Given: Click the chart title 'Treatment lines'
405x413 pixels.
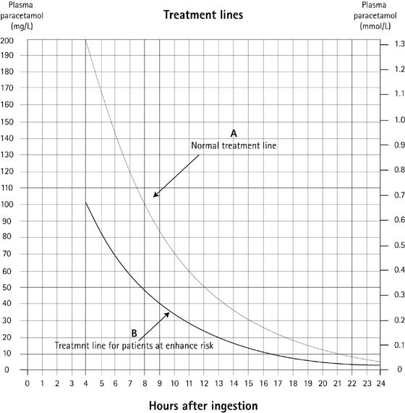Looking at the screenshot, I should [202, 14].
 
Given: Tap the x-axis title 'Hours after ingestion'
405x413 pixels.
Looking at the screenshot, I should [202, 403].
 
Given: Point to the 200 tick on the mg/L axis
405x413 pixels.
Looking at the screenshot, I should [12, 41].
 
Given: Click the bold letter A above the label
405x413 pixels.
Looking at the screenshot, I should [234, 134].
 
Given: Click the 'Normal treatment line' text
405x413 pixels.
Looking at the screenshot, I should [234, 145].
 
